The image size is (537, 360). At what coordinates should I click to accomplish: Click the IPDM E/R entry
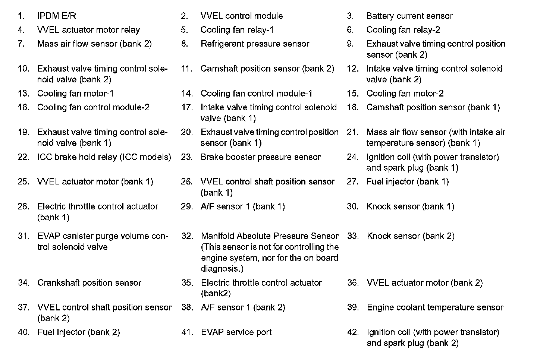point(57,16)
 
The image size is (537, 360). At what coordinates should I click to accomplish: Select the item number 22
point(23,157)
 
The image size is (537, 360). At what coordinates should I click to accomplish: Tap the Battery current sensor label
point(409,16)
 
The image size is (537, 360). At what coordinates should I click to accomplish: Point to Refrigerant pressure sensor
point(255,44)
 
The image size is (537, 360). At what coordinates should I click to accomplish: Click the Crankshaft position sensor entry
point(89,283)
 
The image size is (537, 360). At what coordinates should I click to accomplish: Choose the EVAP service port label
point(236,332)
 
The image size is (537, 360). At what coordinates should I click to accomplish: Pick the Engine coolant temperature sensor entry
point(435,307)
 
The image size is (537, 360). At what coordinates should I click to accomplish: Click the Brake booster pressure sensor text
point(260,157)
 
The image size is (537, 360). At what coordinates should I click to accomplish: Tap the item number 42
point(353,332)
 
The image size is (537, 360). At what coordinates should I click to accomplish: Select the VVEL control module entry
point(241,16)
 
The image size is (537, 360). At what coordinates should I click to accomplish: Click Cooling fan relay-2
point(403,30)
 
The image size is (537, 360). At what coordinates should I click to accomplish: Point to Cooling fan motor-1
point(75,94)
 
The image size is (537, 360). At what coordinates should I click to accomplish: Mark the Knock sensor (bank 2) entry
point(410,236)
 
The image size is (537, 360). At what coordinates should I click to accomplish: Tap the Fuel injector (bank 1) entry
point(407,181)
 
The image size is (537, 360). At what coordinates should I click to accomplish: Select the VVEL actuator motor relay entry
point(88,30)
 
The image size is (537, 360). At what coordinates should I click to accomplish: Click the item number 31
point(23,236)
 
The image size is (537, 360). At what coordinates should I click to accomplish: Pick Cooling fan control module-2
point(93,107)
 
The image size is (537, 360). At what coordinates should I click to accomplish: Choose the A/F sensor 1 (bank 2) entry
point(243,307)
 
